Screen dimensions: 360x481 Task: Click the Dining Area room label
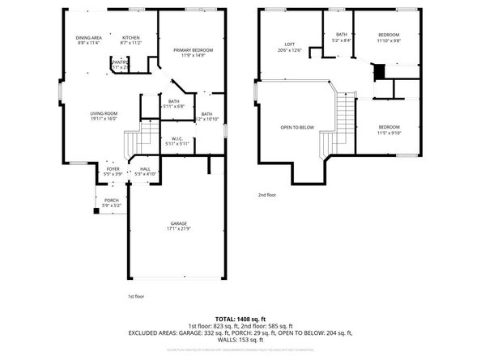88,38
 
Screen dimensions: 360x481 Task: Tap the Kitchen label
130,38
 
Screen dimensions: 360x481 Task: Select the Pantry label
119,61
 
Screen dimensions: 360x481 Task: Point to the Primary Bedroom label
191,50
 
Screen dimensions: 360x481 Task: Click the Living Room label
103,113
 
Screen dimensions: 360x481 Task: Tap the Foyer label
113,169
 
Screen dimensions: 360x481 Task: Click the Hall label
145,169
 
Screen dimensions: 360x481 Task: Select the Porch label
111,201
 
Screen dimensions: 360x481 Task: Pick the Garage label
178,223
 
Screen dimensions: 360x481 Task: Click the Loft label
289,44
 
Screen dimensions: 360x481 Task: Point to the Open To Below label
297,127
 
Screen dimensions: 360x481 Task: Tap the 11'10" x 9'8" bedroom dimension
389,40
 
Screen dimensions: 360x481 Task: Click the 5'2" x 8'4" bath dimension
341,40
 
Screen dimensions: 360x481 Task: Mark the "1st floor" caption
137,297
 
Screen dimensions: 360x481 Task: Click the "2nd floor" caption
267,195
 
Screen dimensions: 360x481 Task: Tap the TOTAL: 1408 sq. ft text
240,318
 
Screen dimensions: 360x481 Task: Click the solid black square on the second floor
376,71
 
